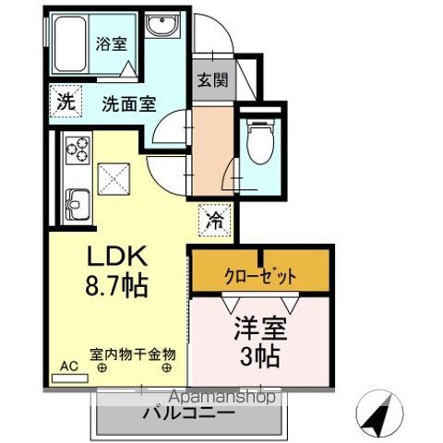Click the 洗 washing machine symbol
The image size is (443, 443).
point(63,102)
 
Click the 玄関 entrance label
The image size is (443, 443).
point(206,80)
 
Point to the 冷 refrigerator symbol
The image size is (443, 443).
point(213,220)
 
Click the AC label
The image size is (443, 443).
point(68,366)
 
